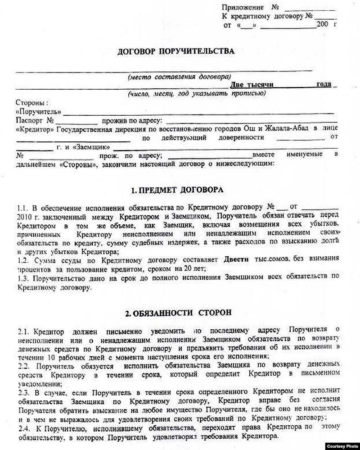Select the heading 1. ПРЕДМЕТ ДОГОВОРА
click(x=176, y=191)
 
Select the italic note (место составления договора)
click(x=179, y=77)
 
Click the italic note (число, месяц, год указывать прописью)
click(x=193, y=94)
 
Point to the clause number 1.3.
click(x=22, y=278)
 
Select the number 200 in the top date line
click(x=323, y=25)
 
